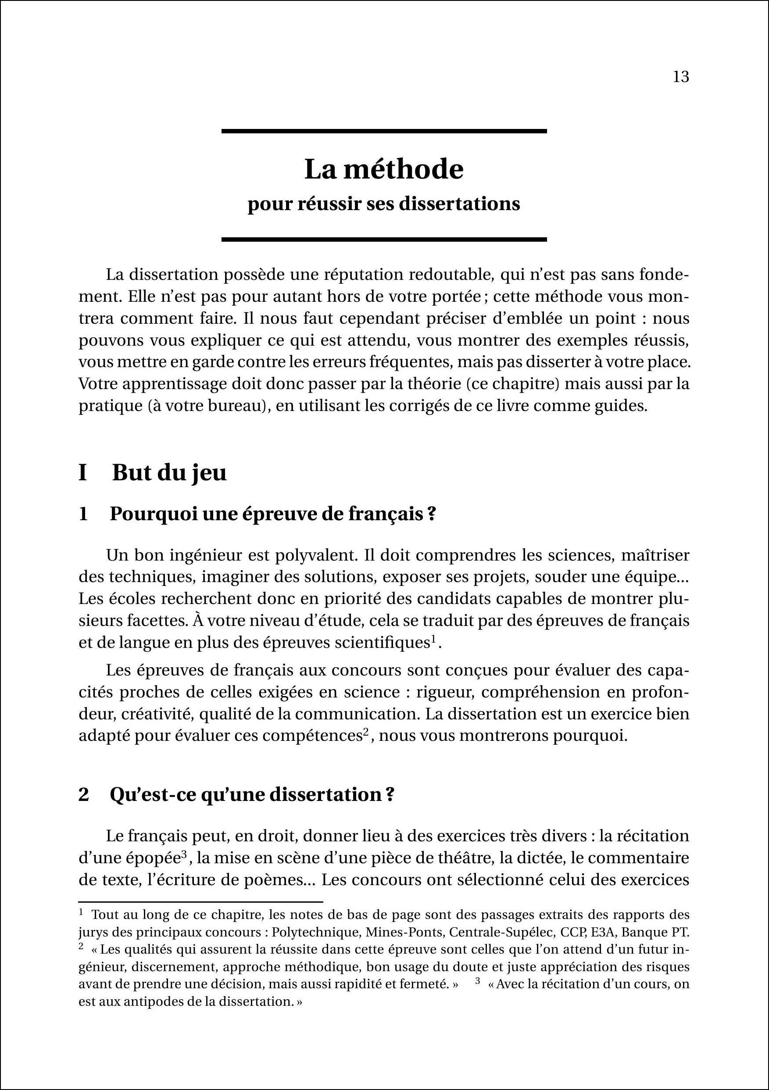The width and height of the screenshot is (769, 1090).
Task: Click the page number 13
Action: click(681, 77)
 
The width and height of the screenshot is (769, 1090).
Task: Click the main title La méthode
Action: click(383, 169)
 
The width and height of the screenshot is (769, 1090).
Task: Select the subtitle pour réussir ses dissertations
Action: click(383, 204)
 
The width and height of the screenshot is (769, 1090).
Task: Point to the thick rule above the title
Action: click(383, 131)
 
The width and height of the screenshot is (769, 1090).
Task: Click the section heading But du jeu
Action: click(169, 473)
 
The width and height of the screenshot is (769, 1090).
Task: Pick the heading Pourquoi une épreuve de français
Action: click(272, 514)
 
